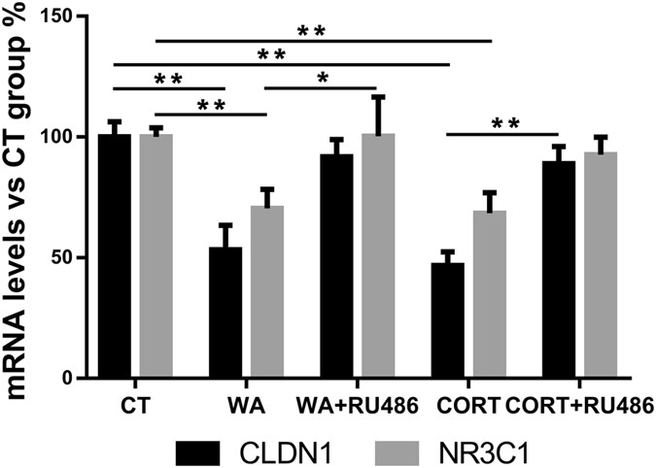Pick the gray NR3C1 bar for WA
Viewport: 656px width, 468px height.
tap(267, 291)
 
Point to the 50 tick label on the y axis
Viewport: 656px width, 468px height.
tap(74, 258)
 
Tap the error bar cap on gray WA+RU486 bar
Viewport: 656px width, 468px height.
tap(378, 96)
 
